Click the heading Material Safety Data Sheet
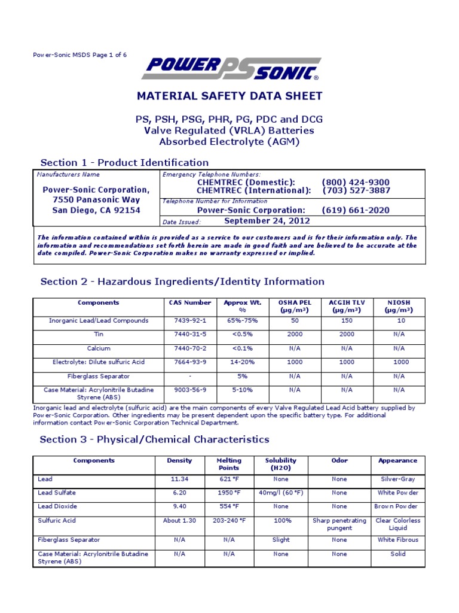(x=230, y=96)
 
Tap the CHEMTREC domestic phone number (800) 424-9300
(x=355, y=183)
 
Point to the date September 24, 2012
(x=267, y=221)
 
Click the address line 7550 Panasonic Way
(x=96, y=200)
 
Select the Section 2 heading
(x=182, y=281)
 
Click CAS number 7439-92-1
(x=186, y=321)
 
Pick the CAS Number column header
(x=186, y=303)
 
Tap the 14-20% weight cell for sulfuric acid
(x=243, y=362)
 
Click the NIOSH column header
(x=399, y=306)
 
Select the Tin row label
(x=99, y=335)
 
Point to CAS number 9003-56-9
(x=186, y=390)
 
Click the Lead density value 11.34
(x=180, y=480)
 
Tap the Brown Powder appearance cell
(x=397, y=506)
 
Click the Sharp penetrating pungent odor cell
(x=339, y=524)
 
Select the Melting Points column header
(x=228, y=465)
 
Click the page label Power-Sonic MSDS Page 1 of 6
(x=79, y=55)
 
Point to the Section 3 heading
(x=155, y=439)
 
